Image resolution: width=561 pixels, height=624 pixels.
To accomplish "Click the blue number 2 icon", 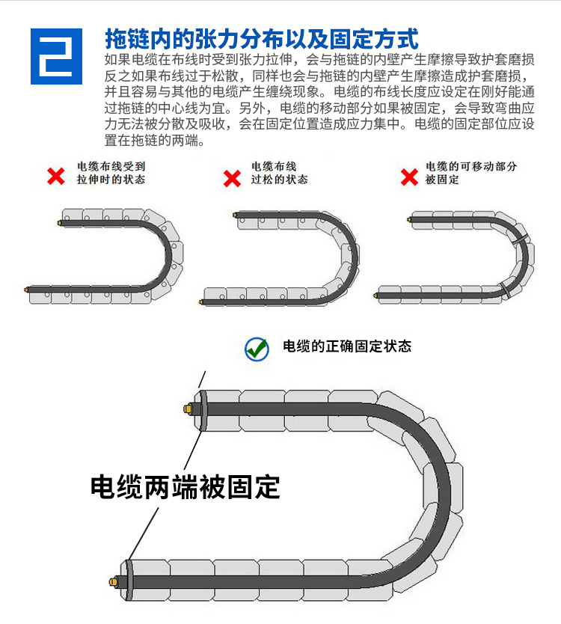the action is (56, 56).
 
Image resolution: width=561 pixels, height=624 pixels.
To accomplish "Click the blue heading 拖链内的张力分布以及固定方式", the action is (262, 38).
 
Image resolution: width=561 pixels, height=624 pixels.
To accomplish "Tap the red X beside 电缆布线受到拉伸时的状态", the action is (56, 176).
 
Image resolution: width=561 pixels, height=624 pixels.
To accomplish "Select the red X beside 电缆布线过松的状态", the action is (233, 178).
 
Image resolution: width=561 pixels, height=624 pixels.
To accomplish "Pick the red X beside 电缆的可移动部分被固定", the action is (409, 177).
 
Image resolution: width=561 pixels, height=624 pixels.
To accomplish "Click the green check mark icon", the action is (257, 348).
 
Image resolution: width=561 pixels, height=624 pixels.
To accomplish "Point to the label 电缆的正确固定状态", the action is (347, 346).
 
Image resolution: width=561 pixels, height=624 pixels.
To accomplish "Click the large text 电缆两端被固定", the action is (185, 487).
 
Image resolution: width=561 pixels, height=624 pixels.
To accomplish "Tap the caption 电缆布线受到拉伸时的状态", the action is (111, 173).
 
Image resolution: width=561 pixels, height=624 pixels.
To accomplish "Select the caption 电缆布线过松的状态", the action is (280, 173).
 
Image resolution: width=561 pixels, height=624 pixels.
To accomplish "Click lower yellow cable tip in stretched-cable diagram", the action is (26, 288).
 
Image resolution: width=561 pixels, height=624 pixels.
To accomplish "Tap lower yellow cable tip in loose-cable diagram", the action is (201, 302).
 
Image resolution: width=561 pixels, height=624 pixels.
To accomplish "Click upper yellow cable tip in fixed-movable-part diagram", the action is (409, 219).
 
